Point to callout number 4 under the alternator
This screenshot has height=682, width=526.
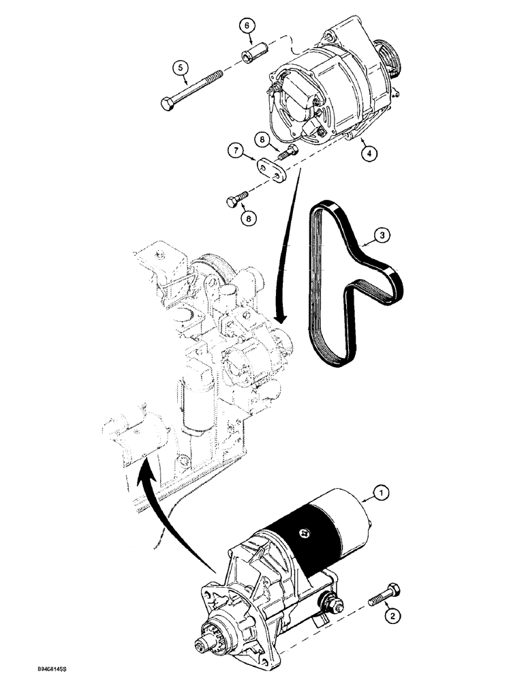click(366, 154)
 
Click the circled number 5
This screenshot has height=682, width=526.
click(180, 68)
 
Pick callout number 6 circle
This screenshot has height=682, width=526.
click(247, 25)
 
